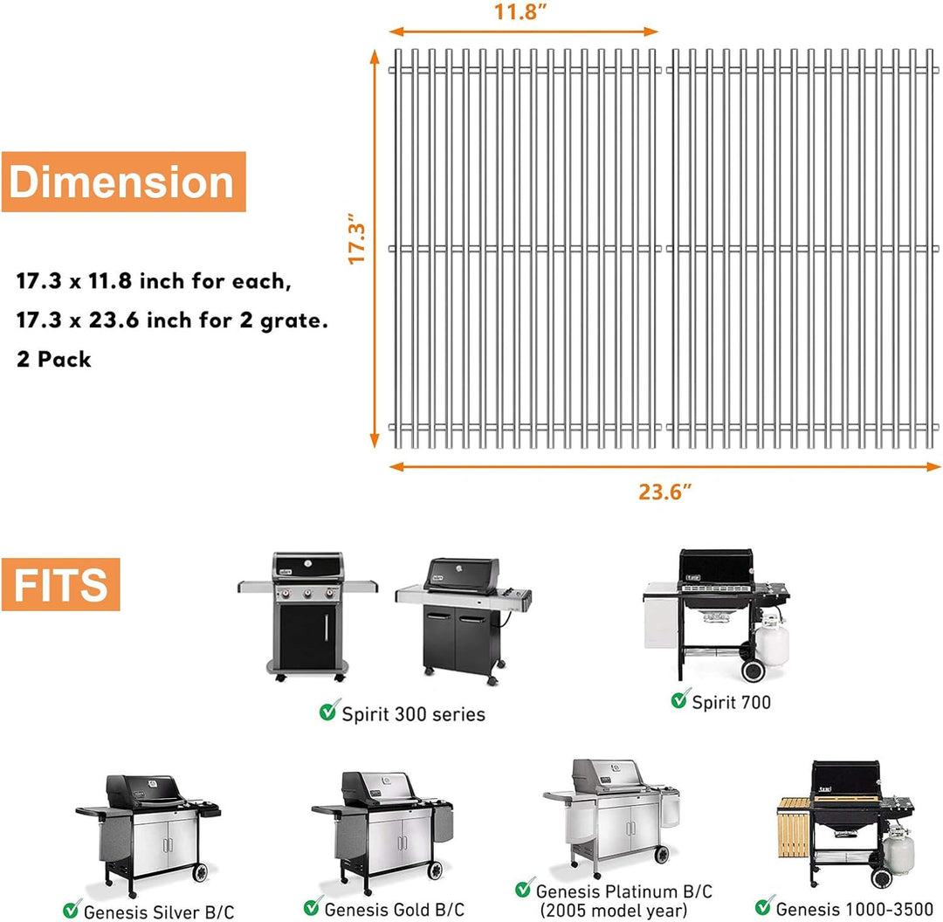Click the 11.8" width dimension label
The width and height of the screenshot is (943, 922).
(x=520, y=11)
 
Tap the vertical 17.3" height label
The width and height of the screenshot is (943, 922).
(x=356, y=237)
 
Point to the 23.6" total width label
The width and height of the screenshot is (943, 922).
(x=664, y=492)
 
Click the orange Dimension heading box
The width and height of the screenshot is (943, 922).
(x=123, y=182)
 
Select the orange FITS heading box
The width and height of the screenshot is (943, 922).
(x=61, y=585)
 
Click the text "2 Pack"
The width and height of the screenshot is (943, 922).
(x=54, y=359)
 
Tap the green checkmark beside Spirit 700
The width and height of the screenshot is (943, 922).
(x=679, y=698)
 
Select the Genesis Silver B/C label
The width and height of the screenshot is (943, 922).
(x=159, y=912)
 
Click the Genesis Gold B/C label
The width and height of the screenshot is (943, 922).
(x=395, y=910)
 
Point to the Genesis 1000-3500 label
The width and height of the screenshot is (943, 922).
(x=855, y=908)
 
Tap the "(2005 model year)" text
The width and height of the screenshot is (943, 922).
(x=614, y=911)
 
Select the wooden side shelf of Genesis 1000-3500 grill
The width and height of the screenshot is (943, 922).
(x=794, y=828)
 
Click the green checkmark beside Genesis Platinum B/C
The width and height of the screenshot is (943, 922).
(x=525, y=888)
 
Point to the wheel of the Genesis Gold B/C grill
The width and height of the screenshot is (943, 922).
(x=434, y=870)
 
